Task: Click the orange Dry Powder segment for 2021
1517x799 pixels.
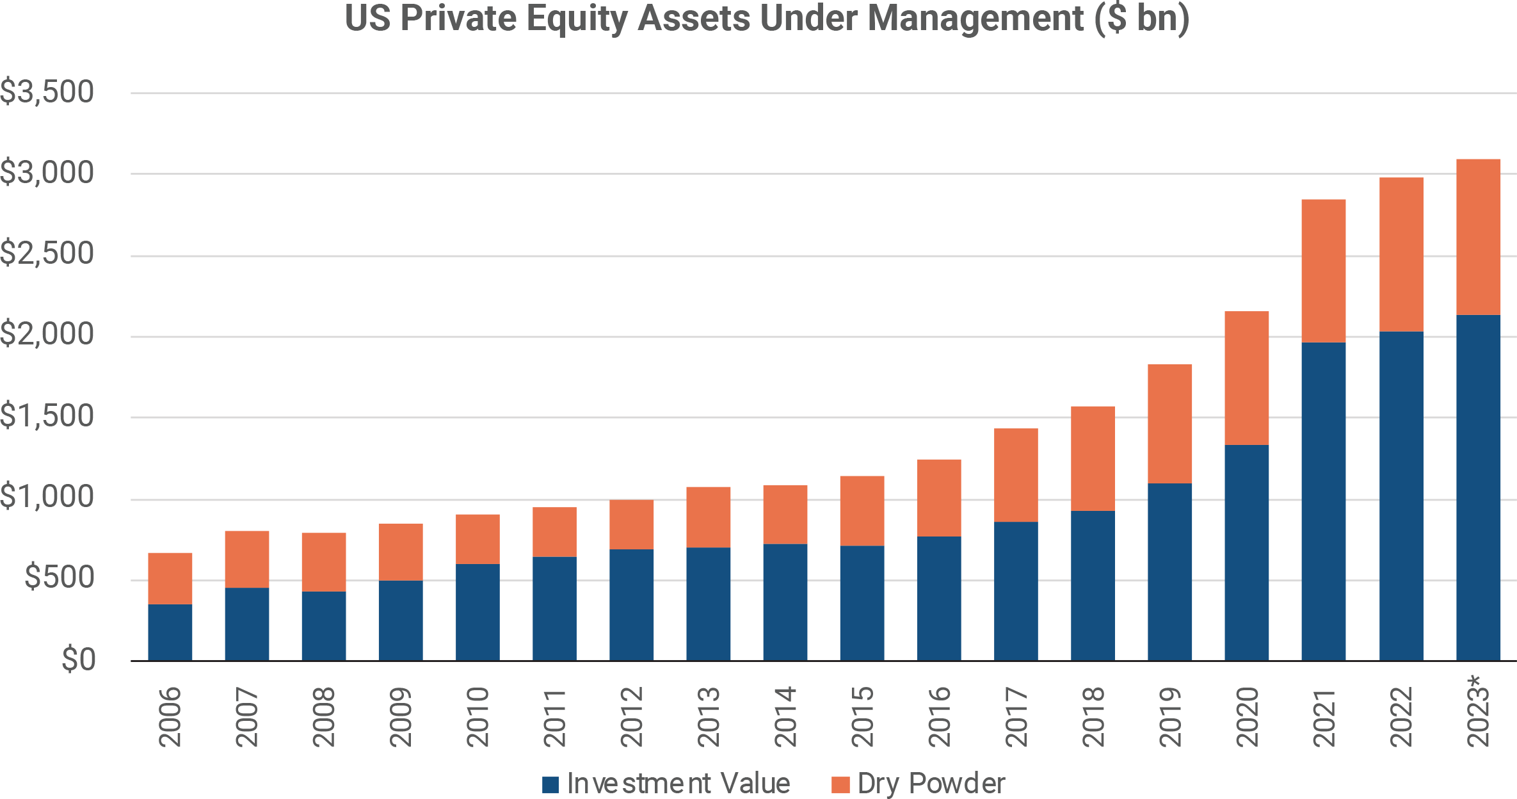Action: pyautogui.click(x=1323, y=271)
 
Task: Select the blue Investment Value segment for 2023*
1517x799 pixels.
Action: pyautogui.click(x=1478, y=487)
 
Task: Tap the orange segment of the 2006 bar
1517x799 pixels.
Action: pyautogui.click(x=170, y=578)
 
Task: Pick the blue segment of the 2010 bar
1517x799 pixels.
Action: pyautogui.click(x=478, y=612)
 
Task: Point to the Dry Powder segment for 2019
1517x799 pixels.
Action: pyautogui.click(x=1169, y=423)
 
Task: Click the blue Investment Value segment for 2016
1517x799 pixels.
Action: pyautogui.click(x=939, y=598)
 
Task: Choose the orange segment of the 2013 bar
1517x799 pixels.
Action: pyautogui.click(x=708, y=517)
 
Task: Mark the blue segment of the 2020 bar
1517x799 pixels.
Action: pyautogui.click(x=1246, y=553)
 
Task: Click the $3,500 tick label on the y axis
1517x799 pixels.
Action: pyautogui.click(x=47, y=92)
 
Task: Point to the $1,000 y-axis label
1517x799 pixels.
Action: pyautogui.click(x=47, y=497)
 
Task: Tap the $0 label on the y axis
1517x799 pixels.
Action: pyautogui.click(x=78, y=659)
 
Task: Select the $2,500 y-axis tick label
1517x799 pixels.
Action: pyautogui.click(x=47, y=254)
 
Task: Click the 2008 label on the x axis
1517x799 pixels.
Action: pyautogui.click(x=324, y=717)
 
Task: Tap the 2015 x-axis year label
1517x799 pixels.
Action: pyautogui.click(x=862, y=717)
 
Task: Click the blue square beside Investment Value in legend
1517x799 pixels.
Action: pyautogui.click(x=550, y=784)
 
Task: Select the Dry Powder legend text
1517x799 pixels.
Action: pyautogui.click(x=931, y=784)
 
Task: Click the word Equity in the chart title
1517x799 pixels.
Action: pyautogui.click(x=577, y=18)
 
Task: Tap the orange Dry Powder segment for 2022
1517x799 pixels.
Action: pyautogui.click(x=1401, y=254)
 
